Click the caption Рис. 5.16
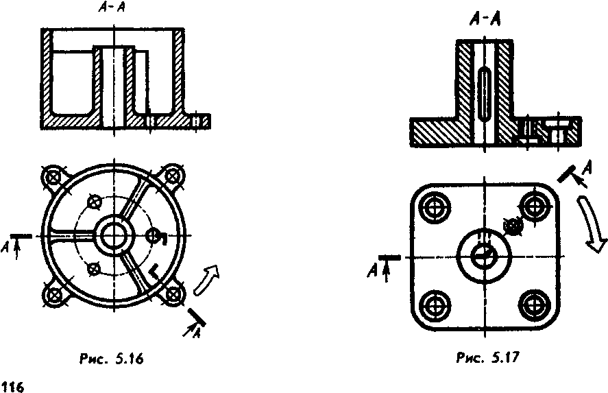click(x=111, y=359)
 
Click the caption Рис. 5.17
click(x=487, y=357)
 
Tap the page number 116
click(x=12, y=386)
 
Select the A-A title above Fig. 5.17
click(x=485, y=19)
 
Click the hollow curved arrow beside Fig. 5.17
click(x=592, y=225)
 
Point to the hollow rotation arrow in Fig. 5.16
click(x=206, y=280)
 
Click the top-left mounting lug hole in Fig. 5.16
click(x=53, y=178)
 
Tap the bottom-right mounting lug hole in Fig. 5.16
click(x=173, y=295)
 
